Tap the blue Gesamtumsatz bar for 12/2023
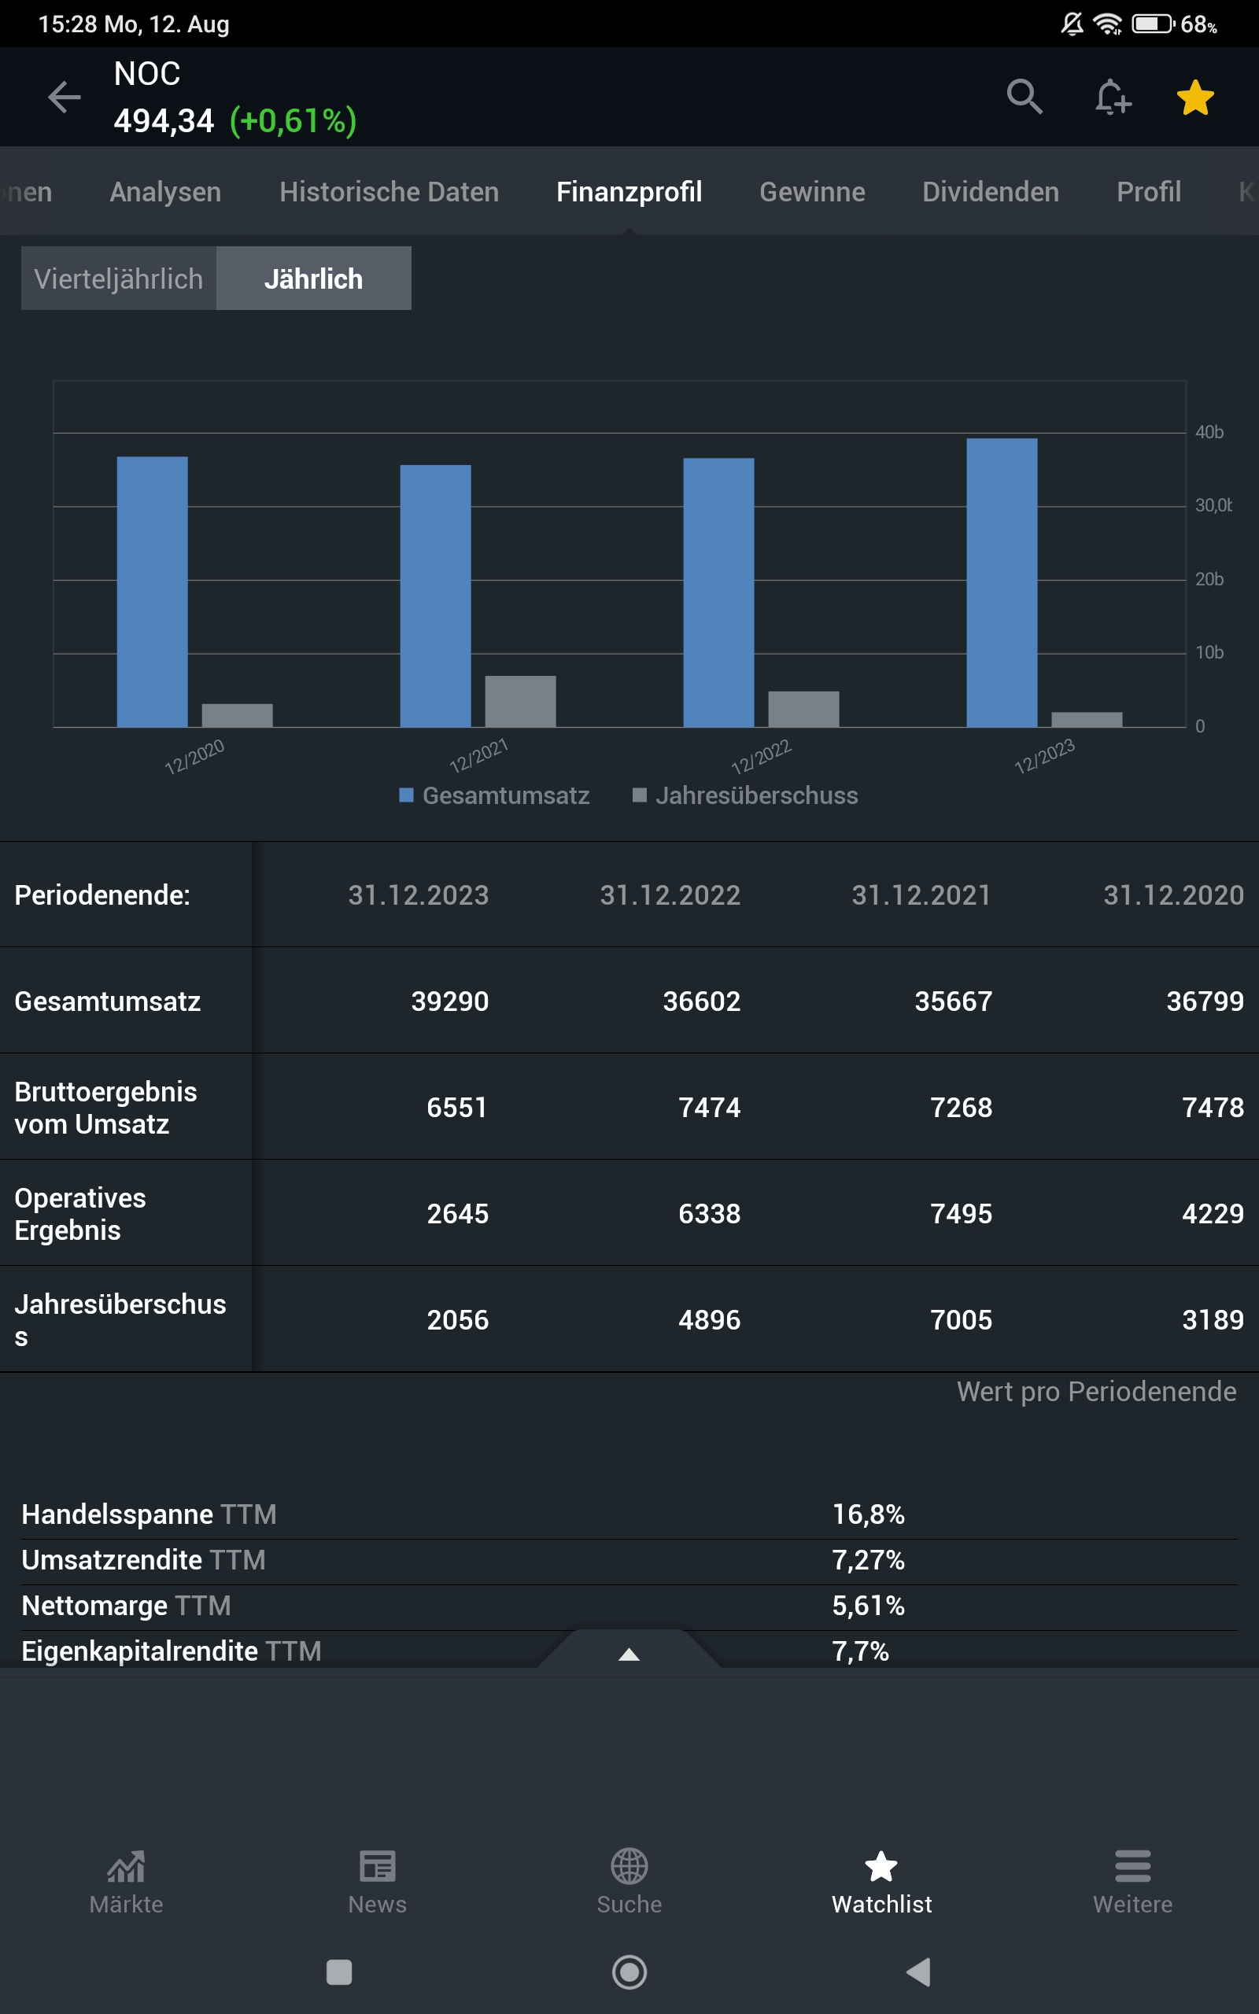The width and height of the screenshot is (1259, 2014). [1002, 582]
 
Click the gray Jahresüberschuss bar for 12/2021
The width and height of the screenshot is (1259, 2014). [520, 702]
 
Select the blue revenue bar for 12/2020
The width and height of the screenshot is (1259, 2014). [153, 592]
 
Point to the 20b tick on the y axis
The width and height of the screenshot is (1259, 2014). [1209, 579]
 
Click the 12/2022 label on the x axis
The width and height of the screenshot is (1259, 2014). [760, 757]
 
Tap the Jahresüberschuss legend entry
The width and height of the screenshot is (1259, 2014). [745, 795]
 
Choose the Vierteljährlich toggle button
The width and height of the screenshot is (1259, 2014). [119, 278]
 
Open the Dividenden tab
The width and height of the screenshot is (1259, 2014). [990, 192]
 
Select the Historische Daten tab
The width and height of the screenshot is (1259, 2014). [389, 192]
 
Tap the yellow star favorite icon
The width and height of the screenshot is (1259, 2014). [1195, 98]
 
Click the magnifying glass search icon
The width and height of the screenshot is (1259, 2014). [1025, 98]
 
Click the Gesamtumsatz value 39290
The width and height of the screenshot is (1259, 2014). [449, 1001]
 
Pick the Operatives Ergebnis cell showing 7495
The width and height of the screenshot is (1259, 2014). [961, 1213]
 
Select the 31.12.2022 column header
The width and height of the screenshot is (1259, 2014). [670, 895]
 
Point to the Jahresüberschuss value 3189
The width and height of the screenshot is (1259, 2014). [1213, 1320]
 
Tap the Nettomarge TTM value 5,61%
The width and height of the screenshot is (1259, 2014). [868, 1606]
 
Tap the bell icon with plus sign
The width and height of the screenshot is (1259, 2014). [1113, 98]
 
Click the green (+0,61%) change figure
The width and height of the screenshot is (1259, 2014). [293, 121]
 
